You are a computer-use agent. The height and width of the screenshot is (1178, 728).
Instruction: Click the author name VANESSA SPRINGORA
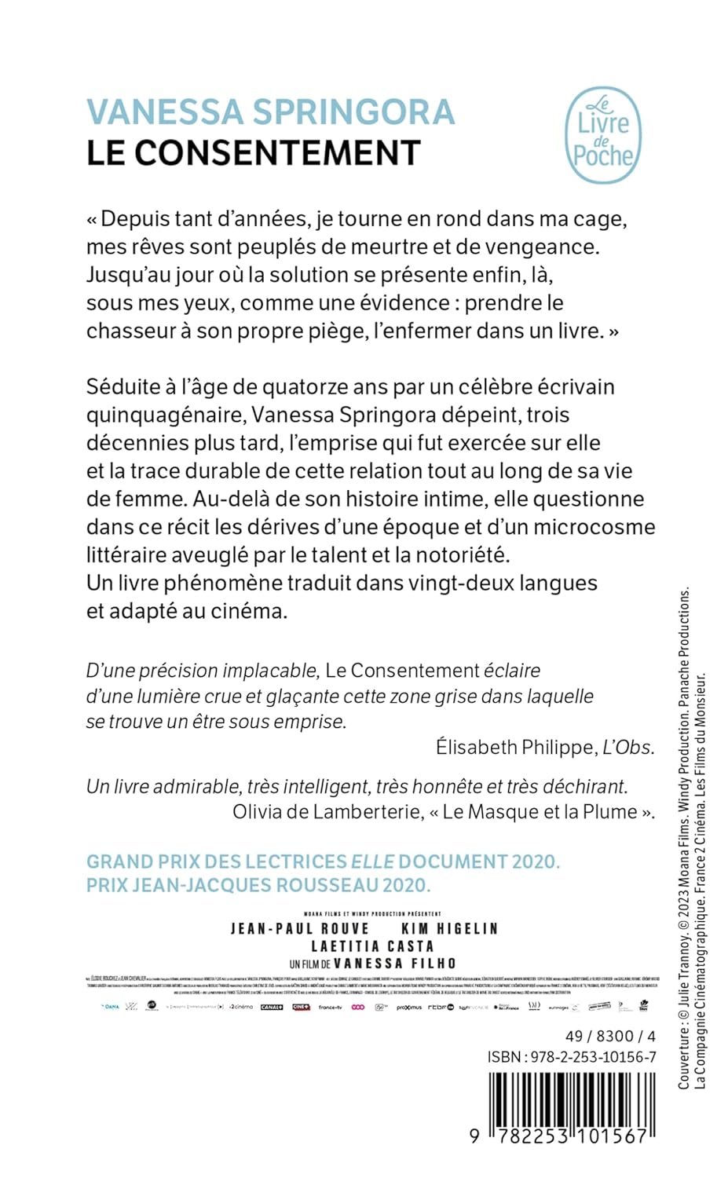pyautogui.click(x=270, y=112)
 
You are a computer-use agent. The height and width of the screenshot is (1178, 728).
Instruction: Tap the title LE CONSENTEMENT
pyautogui.click(x=254, y=153)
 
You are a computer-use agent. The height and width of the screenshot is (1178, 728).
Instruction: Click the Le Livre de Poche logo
pyautogui.click(x=602, y=136)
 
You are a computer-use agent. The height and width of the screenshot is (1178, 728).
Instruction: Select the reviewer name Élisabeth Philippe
pyautogui.click(x=514, y=748)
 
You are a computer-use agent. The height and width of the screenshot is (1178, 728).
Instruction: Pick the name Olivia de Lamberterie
pyautogui.click(x=327, y=812)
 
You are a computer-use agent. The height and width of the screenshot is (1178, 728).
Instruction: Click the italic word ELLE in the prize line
pyautogui.click(x=372, y=862)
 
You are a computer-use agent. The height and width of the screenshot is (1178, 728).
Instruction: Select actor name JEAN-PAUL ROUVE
pyautogui.click(x=300, y=929)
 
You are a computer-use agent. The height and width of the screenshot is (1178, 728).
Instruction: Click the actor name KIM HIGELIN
pyautogui.click(x=449, y=929)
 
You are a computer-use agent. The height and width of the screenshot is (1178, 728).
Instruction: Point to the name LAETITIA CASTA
pyautogui.click(x=372, y=946)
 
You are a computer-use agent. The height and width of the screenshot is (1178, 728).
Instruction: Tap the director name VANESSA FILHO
pyautogui.click(x=394, y=964)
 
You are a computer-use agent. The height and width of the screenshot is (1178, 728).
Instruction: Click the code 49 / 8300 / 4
pyautogui.click(x=610, y=1037)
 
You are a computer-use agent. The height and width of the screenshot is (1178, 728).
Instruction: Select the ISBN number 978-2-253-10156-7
pyautogui.click(x=593, y=1057)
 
